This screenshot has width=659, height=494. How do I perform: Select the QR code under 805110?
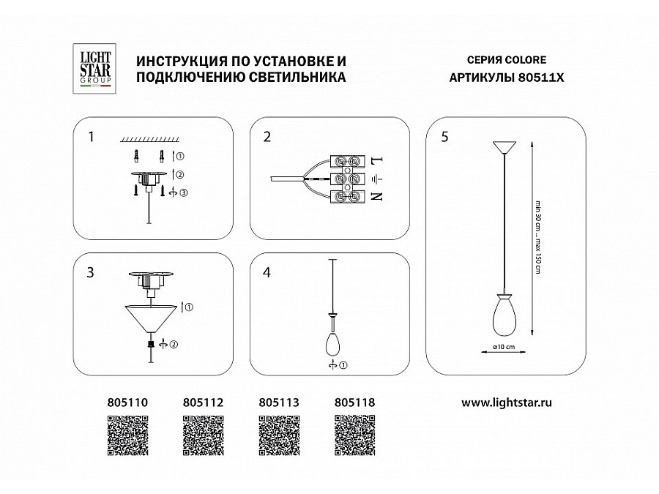point(129,435)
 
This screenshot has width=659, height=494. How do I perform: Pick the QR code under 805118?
point(354,435)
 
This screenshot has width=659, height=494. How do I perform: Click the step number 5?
point(445,137)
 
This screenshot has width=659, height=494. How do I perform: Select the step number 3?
point(90,272)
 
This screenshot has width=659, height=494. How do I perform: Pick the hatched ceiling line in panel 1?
point(150,138)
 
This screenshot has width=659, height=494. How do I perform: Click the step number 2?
point(267,137)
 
